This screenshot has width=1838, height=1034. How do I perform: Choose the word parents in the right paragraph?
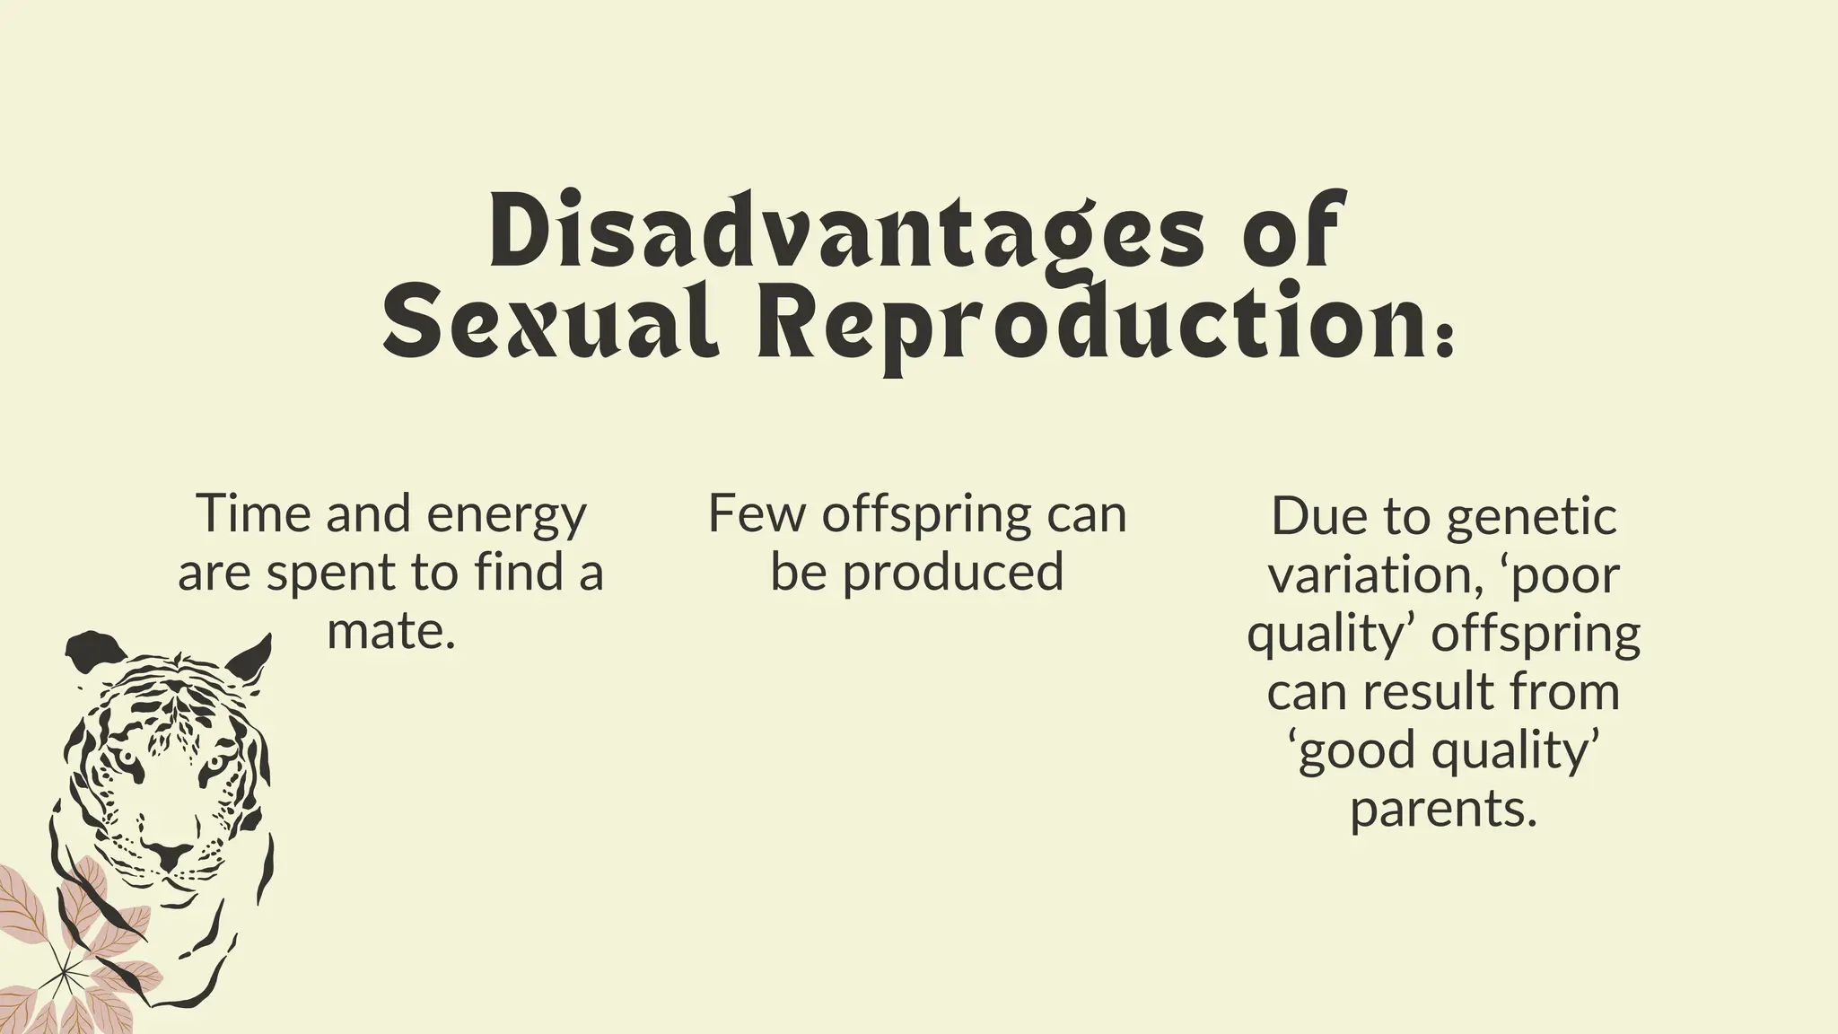pos(1442,811)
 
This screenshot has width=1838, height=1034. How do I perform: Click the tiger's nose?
pos(168,854)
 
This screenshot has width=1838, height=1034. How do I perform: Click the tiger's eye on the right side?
pos(214,766)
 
